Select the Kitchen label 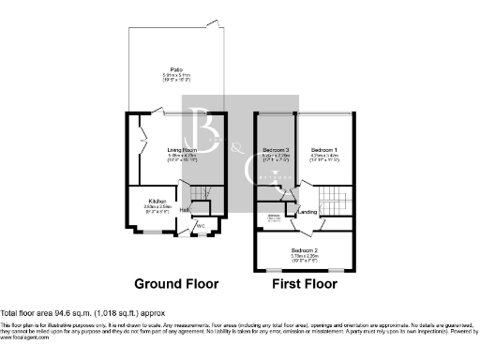click(x=155, y=200)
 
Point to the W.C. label click(x=200, y=225)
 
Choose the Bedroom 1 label click(x=323, y=150)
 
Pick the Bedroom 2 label click(x=306, y=251)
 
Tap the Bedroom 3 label click(x=274, y=150)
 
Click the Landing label click(x=307, y=212)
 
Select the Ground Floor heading click(x=176, y=283)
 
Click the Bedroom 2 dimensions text click(x=306, y=257)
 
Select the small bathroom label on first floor click(x=274, y=217)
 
